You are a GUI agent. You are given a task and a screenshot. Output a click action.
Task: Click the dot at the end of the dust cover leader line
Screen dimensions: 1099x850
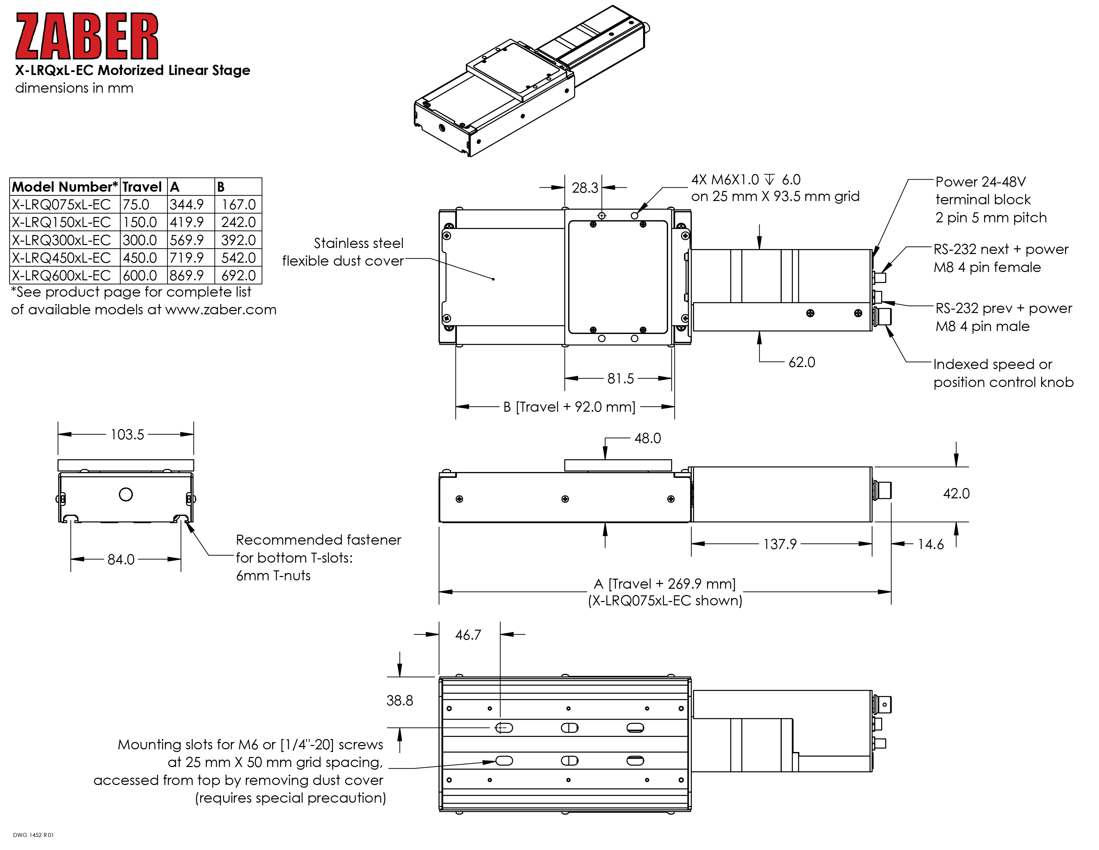point(494,279)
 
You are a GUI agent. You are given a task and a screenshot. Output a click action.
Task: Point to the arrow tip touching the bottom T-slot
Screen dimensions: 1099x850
point(186,522)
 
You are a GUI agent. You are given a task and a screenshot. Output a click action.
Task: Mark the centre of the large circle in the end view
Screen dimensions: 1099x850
point(126,494)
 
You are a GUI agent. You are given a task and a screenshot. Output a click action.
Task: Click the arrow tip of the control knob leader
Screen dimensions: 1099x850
point(886,326)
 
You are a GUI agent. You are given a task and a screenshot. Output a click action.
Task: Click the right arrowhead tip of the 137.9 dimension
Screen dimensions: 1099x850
point(872,544)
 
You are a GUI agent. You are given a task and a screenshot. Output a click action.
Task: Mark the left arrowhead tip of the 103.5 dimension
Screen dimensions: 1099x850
point(58,434)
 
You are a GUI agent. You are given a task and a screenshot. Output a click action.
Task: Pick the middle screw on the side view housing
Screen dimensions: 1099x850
point(565,499)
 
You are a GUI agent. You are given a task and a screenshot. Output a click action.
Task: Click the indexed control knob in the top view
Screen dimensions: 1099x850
point(883,317)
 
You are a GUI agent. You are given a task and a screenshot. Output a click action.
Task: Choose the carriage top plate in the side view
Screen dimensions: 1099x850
point(618,465)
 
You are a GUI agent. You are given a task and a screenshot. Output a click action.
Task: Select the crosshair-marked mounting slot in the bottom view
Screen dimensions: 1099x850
point(504,728)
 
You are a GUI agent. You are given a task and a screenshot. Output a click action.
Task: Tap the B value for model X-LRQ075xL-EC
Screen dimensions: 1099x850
point(238,204)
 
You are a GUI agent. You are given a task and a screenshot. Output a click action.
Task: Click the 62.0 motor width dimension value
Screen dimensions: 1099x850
point(802,362)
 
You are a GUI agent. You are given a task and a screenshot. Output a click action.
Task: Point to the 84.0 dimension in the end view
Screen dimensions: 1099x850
point(121,559)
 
